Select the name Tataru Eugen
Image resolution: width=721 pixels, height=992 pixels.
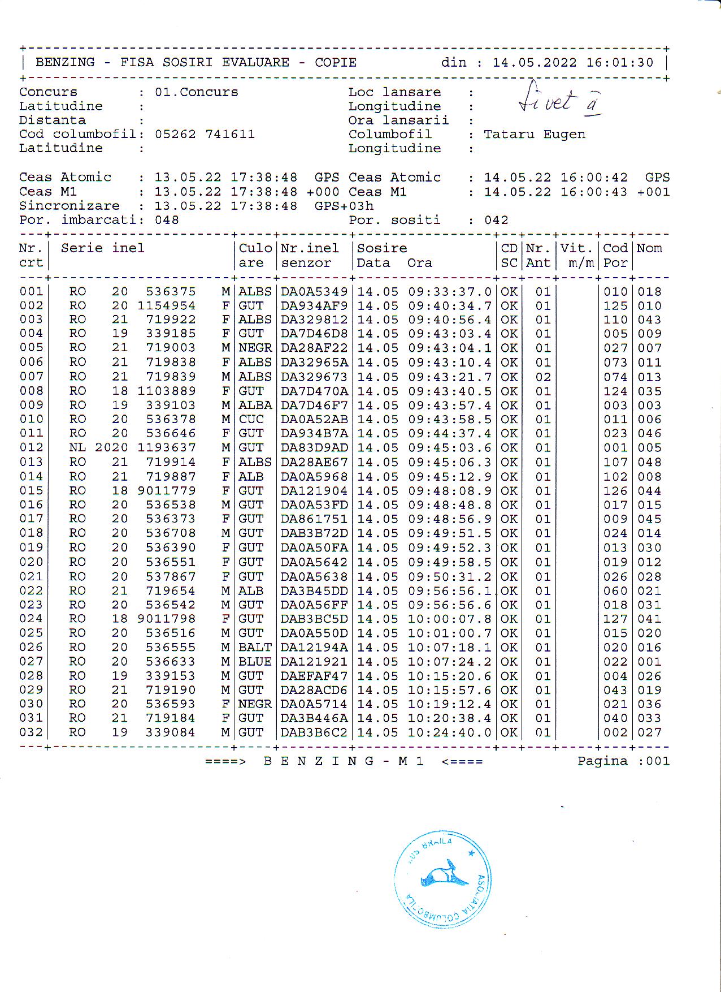[535, 134]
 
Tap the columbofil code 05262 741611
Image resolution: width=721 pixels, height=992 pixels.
[205, 134]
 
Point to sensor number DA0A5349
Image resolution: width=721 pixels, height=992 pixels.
[314, 292]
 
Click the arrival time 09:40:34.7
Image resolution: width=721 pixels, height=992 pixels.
[450, 306]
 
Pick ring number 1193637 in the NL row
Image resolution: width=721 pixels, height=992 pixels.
[167, 447]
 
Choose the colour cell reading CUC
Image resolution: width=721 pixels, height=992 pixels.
[251, 419]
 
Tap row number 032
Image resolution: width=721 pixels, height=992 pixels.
[31, 732]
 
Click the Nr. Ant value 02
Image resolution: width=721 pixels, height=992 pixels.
[543, 377]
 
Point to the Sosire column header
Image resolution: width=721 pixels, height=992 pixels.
[382, 248]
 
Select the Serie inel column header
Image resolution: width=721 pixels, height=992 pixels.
[102, 248]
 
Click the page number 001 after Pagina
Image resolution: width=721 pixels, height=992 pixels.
[658, 761]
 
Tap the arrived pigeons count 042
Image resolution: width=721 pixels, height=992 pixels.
[496, 220]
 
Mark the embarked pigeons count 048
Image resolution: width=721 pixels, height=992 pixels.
[167, 220]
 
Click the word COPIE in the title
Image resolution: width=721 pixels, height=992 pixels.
[336, 62]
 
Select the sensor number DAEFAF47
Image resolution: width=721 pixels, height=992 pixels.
[314, 676]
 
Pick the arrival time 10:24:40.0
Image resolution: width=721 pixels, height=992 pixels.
[450, 732]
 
